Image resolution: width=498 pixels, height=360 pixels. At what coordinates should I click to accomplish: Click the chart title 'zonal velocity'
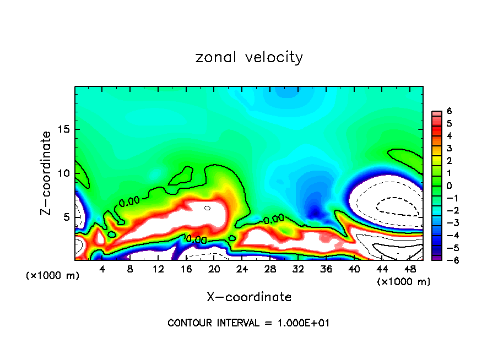tap(249, 57)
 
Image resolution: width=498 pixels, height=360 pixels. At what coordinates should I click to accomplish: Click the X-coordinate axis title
tap(249, 297)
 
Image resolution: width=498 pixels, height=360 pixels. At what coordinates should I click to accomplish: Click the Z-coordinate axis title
tap(47, 173)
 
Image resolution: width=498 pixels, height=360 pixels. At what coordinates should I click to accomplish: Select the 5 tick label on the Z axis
tap(67, 217)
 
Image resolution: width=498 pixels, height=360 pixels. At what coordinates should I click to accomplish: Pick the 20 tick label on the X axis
tap(214, 269)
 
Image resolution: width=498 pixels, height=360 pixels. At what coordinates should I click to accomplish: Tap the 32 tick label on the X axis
tap(298, 269)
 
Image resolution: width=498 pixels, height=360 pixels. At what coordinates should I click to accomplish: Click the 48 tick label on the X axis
tap(410, 269)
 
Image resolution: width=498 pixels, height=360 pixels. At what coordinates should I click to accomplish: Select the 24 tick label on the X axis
tap(242, 269)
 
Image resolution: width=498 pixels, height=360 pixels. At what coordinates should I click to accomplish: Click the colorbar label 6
tap(449, 111)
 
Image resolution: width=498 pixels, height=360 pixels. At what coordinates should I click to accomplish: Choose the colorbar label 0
tap(449, 186)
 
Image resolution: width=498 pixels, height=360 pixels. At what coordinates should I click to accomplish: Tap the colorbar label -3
tap(447, 223)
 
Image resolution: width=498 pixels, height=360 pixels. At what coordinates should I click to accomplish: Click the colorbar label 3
tap(449, 148)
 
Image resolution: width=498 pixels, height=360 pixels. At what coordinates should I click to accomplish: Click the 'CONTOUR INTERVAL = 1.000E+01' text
tap(248, 323)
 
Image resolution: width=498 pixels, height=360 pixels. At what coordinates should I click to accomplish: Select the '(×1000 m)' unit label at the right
tap(404, 282)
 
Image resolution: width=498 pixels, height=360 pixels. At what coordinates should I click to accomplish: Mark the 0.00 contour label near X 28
tap(273, 220)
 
